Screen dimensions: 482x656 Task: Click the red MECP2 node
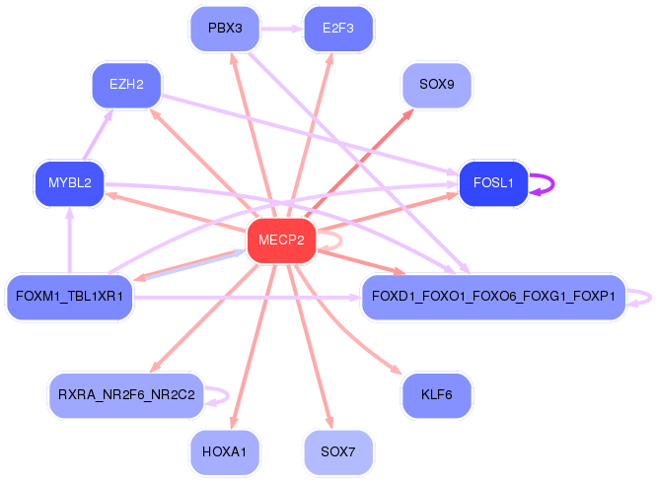point(281,241)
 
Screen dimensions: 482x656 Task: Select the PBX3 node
point(225,29)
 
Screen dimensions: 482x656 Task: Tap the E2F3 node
point(337,29)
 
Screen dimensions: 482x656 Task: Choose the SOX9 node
point(436,85)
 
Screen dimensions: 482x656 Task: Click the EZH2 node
point(126,85)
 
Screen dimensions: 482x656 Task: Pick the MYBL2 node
point(69,183)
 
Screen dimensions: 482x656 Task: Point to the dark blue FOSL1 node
point(493,183)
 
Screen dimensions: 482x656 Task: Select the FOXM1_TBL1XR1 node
point(69,296)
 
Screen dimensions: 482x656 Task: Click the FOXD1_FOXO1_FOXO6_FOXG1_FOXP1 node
point(493,296)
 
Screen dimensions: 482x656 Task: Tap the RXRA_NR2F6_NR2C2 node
point(126,395)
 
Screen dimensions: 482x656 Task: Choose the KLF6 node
point(436,395)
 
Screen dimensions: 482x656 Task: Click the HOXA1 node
point(225,452)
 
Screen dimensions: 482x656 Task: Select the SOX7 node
point(337,452)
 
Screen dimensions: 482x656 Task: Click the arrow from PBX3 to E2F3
point(281,29)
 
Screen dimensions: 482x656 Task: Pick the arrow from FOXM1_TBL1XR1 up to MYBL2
point(69,241)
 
